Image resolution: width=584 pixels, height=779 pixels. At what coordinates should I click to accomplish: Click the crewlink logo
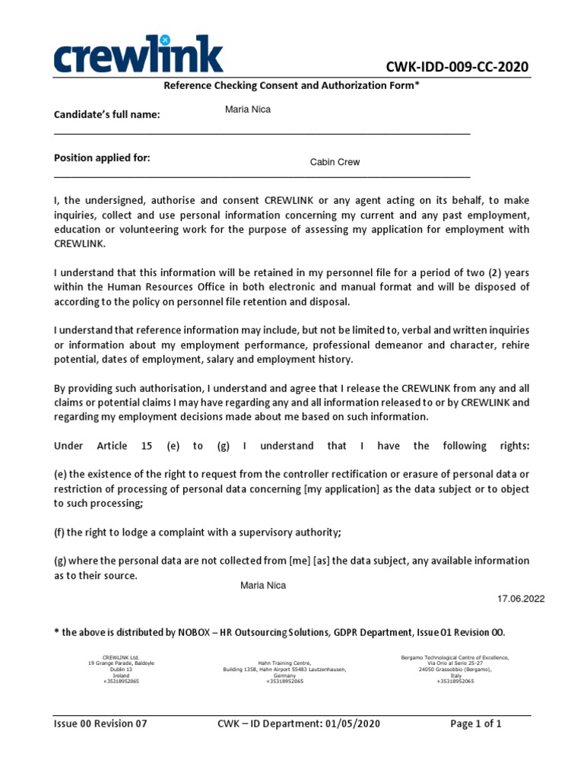pyautogui.click(x=138, y=55)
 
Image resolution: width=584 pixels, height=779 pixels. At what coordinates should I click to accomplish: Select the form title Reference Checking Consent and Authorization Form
pyautogui.click(x=291, y=86)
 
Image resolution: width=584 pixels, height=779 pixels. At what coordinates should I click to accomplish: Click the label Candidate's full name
pyautogui.click(x=106, y=115)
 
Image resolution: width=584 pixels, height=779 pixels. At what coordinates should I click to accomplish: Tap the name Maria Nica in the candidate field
pyautogui.click(x=248, y=110)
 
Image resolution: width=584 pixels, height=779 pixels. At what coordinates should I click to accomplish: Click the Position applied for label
pyautogui.click(x=102, y=157)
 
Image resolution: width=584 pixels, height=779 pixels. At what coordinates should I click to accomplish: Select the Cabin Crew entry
pyautogui.click(x=335, y=162)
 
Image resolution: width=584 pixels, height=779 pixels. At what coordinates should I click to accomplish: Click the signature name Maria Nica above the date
pyautogui.click(x=263, y=585)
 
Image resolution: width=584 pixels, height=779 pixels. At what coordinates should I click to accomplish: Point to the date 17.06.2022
pyautogui.click(x=521, y=599)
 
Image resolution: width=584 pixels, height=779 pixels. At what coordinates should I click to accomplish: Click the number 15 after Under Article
pyautogui.click(x=148, y=446)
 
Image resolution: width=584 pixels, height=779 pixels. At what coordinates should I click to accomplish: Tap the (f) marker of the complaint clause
pyautogui.click(x=59, y=532)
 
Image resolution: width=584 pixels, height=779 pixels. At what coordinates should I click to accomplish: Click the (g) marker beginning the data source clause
pyautogui.click(x=60, y=561)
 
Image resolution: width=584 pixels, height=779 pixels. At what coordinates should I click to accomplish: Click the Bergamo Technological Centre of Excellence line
pyautogui.click(x=455, y=657)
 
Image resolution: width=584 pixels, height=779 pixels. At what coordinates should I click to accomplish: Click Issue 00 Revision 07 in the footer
pyautogui.click(x=100, y=723)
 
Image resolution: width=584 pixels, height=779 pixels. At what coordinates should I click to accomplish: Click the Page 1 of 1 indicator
pyautogui.click(x=476, y=723)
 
